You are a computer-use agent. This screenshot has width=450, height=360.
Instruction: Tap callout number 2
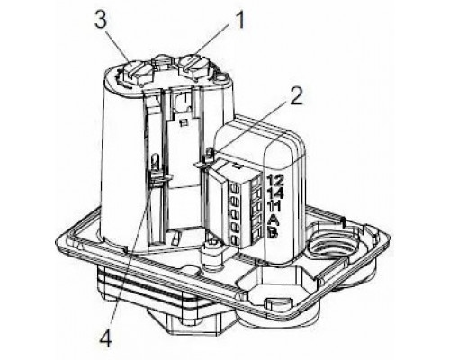coord(295,96)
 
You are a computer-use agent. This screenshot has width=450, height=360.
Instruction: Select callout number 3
coord(101,21)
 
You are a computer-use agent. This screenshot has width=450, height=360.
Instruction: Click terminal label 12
coord(274,181)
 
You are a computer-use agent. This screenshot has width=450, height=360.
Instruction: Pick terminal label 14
coord(274,193)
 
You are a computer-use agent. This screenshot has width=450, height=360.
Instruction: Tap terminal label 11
coord(274,206)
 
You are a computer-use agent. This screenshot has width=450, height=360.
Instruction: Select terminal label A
coord(274,220)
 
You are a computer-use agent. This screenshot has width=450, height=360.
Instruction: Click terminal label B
coord(274,233)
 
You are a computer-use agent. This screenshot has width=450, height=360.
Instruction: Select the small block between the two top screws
coord(162,62)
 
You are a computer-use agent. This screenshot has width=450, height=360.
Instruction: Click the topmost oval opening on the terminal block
coord(234,189)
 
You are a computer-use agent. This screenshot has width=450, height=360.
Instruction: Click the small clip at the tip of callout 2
coord(209,156)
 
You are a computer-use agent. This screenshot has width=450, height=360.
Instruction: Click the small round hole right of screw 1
coord(221,78)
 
